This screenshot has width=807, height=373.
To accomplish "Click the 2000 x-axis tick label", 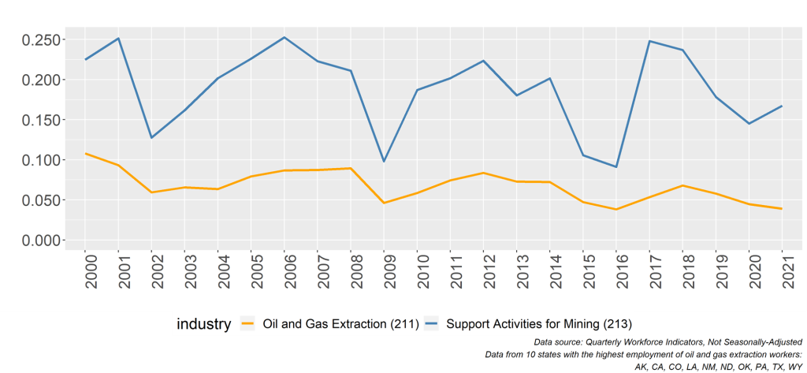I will click(x=85, y=271).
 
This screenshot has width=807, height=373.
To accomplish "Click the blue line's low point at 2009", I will click(x=384, y=162).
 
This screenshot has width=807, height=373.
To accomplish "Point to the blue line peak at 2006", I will click(x=284, y=37).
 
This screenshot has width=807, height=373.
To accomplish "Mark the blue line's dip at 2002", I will click(x=151, y=138).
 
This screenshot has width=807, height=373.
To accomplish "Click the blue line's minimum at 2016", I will click(x=616, y=166).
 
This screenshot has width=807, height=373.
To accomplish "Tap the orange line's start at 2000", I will click(x=85, y=153).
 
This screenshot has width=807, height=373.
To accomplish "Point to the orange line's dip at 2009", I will click(x=384, y=203).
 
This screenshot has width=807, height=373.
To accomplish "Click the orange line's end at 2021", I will click(x=782, y=208).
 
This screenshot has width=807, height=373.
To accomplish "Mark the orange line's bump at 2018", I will click(x=682, y=185).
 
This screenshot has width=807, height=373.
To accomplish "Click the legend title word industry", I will click(x=203, y=323).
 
